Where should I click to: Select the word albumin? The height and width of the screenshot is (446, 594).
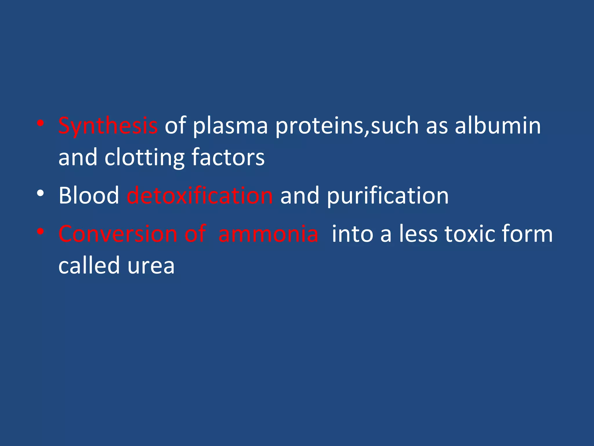(497, 125)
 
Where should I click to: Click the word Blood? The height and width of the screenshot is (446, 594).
(89, 195)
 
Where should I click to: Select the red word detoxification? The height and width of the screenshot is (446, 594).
(200, 195)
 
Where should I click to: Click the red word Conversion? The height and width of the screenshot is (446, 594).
(117, 234)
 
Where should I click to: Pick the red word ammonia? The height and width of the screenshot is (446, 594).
(268, 234)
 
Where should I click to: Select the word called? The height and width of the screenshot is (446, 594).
(89, 265)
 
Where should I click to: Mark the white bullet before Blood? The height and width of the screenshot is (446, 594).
(40, 193)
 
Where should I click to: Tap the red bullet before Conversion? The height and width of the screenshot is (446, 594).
(40, 231)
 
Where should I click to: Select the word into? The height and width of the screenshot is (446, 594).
(352, 234)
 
